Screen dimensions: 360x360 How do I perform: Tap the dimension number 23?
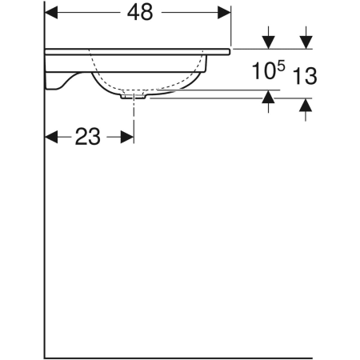pyautogui.click(x=87, y=137)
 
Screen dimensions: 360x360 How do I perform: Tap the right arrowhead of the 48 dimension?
pyautogui.click(x=225, y=13)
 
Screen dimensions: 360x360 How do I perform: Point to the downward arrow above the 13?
pyautogui.click(x=306, y=41)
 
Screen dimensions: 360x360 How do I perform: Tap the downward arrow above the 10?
pyautogui.click(x=268, y=41)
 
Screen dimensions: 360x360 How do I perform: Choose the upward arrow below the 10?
pyautogui.click(x=268, y=98)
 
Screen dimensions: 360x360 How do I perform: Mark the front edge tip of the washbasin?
pyautogui.click(x=229, y=50)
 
